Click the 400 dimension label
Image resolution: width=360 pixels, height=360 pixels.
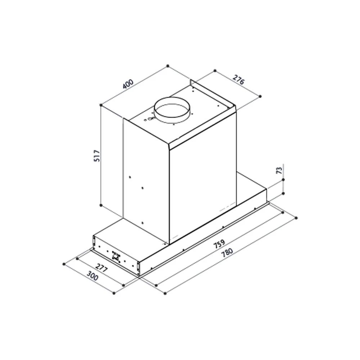[128, 84]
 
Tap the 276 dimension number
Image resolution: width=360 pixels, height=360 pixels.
[239, 80]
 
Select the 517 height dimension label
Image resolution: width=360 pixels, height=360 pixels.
[97, 156]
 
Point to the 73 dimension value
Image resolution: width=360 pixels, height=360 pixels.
[279, 170]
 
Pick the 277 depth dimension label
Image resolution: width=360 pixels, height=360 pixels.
[101, 268]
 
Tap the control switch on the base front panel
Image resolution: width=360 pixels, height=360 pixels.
[116, 256]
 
